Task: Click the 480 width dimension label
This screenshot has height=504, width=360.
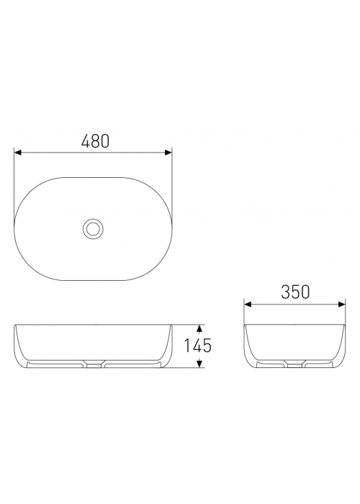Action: point(96,141)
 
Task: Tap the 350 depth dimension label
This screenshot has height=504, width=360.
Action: point(295,292)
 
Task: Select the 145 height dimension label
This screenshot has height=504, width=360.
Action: point(198,346)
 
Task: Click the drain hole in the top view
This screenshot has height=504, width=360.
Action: point(93,228)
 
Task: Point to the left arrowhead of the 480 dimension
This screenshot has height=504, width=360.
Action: point(18,153)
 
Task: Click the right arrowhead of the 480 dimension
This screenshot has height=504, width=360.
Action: point(168,153)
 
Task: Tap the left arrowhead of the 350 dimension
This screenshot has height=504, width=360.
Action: point(248,304)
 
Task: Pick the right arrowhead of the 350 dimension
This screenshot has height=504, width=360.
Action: point(342,304)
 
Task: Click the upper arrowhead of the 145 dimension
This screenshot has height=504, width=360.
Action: point(199,328)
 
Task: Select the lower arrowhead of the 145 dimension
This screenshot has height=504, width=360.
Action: point(199,364)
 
